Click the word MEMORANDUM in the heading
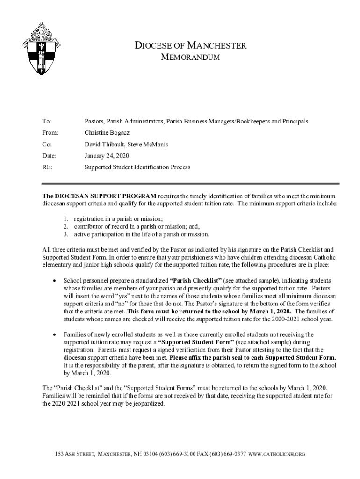click(190, 57)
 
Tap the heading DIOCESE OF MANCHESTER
click(190, 45)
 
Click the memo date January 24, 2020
click(107, 155)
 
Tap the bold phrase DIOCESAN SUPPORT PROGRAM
click(100, 196)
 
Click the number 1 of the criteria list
click(66, 219)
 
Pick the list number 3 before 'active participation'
click(66, 234)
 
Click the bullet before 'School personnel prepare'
click(55, 281)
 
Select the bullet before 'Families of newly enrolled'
click(55, 334)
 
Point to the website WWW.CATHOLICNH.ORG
click(277, 454)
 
